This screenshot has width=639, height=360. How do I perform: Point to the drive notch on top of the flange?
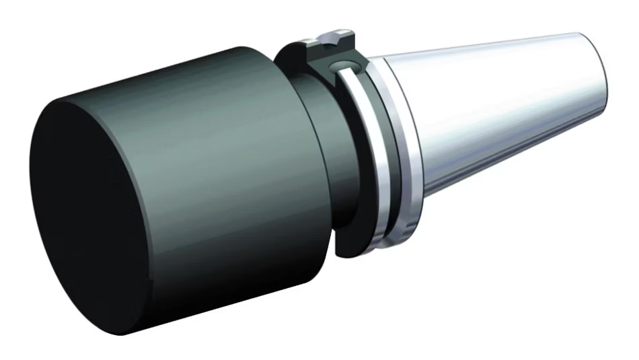330,41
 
